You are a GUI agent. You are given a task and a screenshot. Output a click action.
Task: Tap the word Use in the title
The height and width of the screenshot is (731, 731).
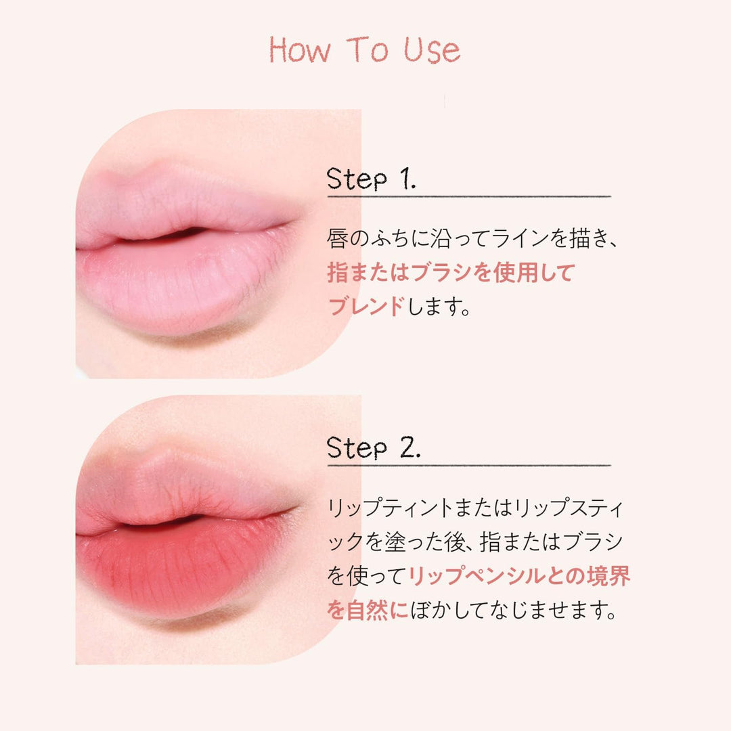pyautogui.click(x=433, y=51)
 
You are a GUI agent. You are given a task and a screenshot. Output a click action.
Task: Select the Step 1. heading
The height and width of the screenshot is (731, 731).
pyautogui.click(x=371, y=179)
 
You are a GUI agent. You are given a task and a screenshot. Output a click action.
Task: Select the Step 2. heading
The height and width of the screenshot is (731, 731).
pyautogui.click(x=373, y=448)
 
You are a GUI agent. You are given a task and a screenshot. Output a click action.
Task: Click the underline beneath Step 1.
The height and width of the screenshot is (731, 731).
pyautogui.click(x=469, y=196)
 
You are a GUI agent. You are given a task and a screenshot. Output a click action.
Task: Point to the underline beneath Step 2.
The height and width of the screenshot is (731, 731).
pyautogui.click(x=469, y=465)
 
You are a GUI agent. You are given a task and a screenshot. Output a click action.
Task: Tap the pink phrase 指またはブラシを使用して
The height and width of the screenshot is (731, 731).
pyautogui.click(x=451, y=273)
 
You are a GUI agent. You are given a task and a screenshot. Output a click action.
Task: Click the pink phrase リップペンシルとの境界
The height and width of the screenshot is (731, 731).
pyautogui.click(x=518, y=576)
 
